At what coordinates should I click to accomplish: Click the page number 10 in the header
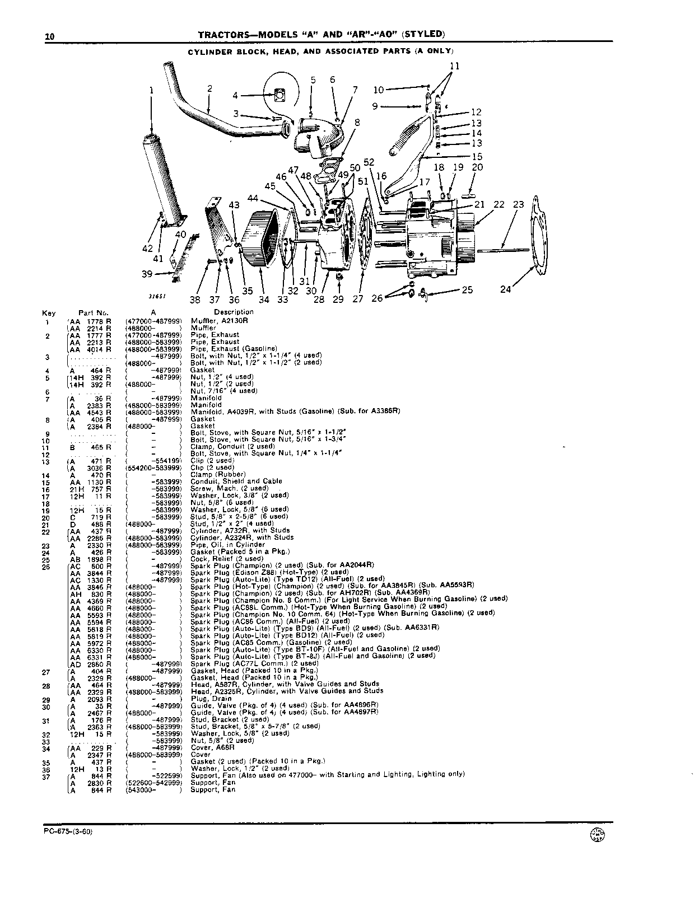pyautogui.click(x=50, y=36)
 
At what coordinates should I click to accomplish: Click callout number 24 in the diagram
pyautogui.click(x=506, y=289)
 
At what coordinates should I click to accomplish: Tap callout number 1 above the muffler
pyautogui.click(x=151, y=91)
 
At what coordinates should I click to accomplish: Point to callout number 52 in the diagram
pyautogui.click(x=369, y=162)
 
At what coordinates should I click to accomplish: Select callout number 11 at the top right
pyautogui.click(x=455, y=66)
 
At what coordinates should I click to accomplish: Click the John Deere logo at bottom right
pyautogui.click(x=597, y=835)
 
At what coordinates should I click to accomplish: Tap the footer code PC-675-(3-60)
pyautogui.click(x=68, y=831)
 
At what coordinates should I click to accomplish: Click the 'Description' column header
pyautogui.click(x=234, y=312)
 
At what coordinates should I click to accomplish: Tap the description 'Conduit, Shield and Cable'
pyautogui.click(x=236, y=481)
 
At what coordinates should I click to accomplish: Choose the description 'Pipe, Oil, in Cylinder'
pyautogui.click(x=227, y=545)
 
